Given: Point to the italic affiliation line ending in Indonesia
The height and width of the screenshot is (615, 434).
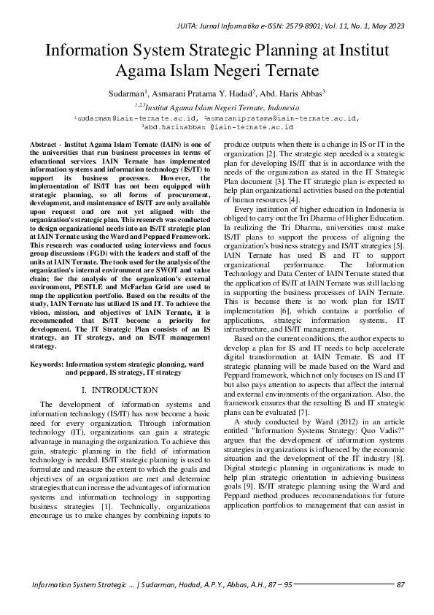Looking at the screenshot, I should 217,106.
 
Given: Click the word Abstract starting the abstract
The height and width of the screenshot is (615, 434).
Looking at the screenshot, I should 46,147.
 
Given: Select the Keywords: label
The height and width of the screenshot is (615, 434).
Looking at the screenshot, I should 46,364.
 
